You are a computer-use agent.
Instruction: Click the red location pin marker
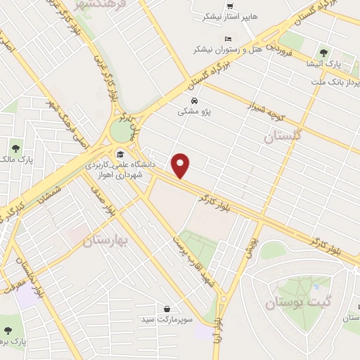coord(181,165)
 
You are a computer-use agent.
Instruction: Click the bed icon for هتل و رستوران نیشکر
coord(226,39)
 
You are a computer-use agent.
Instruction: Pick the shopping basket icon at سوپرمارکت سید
coord(167,308)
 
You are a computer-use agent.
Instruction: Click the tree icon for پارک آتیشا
coord(324,51)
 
